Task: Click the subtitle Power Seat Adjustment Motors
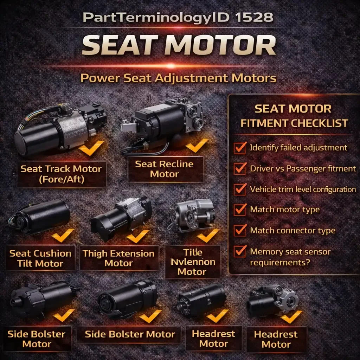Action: pyautogui.click(x=178, y=78)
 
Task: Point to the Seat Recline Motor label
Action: pyautogui.click(x=164, y=169)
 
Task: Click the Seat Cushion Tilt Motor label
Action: pyautogui.click(x=40, y=258)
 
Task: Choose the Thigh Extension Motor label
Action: pyautogui.click(x=118, y=258)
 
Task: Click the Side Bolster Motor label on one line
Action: pyautogui.click(x=130, y=334)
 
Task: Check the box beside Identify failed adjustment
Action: pyautogui.click(x=240, y=148)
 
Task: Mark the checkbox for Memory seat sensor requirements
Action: pyautogui.click(x=240, y=252)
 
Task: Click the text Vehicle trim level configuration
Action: pyautogui.click(x=303, y=189)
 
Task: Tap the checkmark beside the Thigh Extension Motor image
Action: pyautogui.click(x=138, y=236)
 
